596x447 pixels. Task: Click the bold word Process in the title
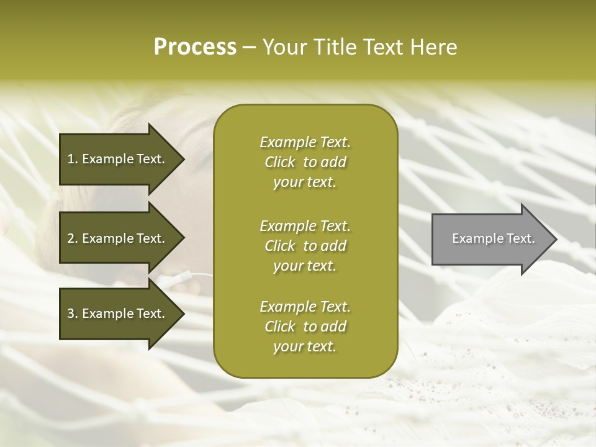click(195, 47)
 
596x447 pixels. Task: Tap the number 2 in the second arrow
click(71, 238)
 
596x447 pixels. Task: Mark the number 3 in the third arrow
click(71, 314)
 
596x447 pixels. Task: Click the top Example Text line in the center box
click(305, 142)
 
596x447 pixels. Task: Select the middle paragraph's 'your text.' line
click(305, 266)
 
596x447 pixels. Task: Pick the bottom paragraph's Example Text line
click(305, 307)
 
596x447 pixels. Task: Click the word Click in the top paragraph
click(279, 163)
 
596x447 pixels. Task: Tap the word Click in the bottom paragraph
click(279, 327)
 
